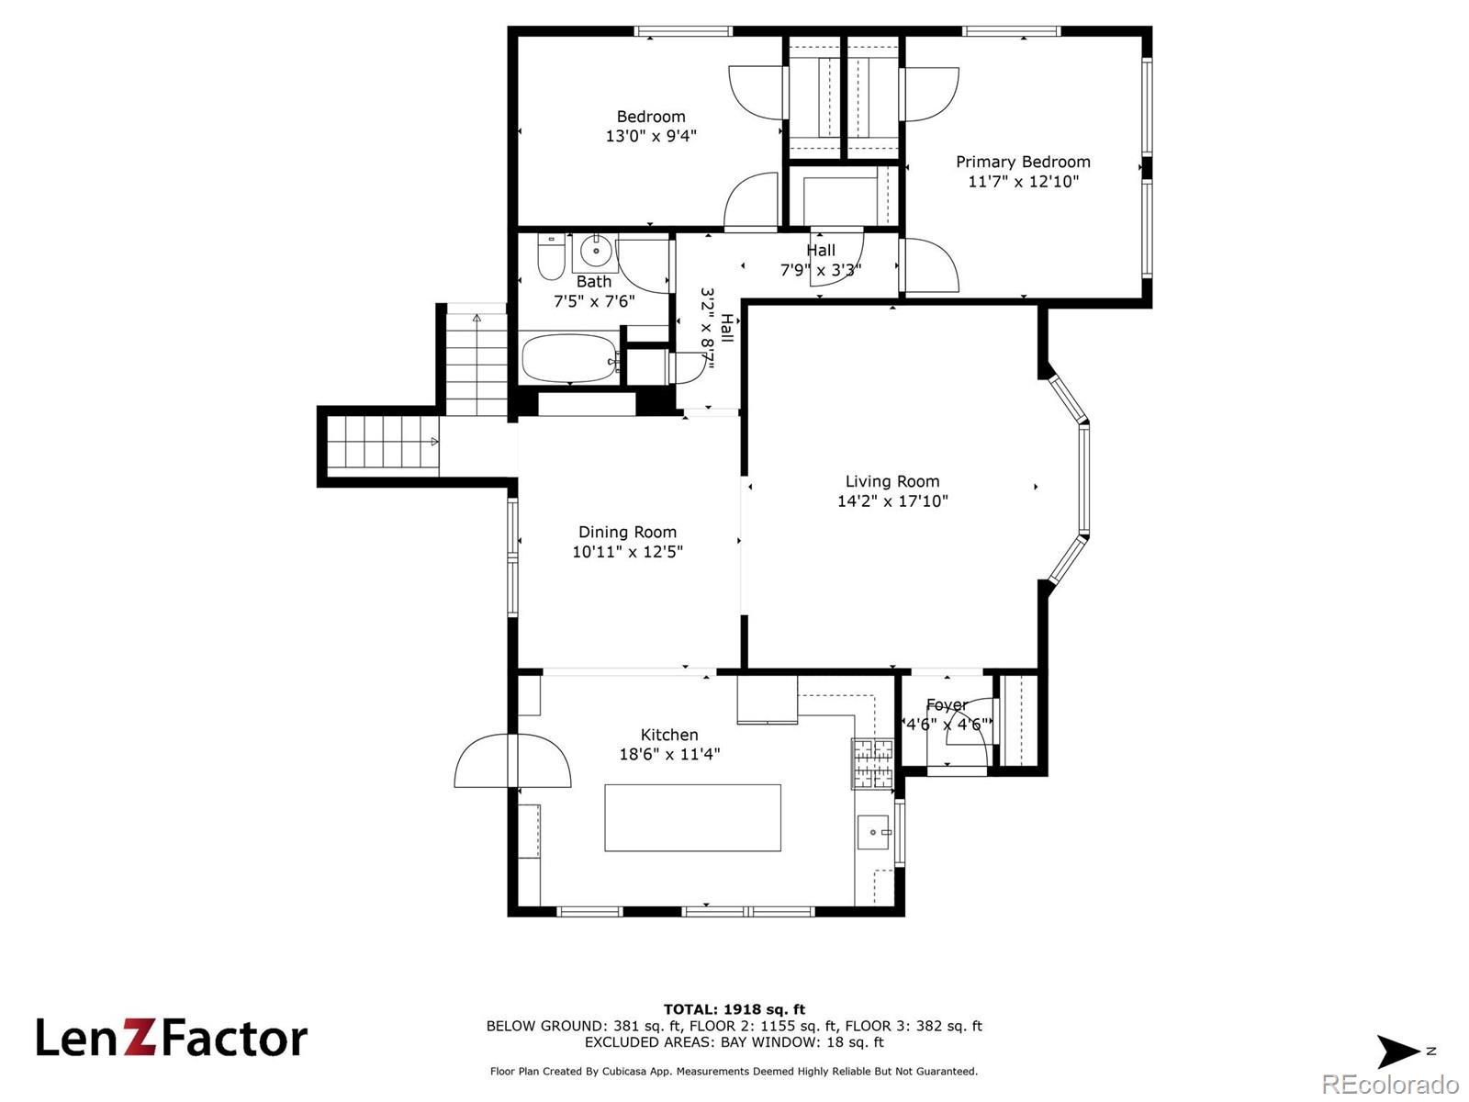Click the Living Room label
coord(892,481)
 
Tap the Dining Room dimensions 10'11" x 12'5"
coord(627,551)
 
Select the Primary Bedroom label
coord(1023,162)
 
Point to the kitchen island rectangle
coord(692,817)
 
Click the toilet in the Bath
coord(552,257)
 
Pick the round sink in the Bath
coord(595,252)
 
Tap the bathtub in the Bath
coord(570,358)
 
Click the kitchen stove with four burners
coord(872,763)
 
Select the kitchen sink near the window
coord(874,832)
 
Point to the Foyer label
coord(947,704)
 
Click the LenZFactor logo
coord(172,1039)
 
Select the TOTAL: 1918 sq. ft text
coord(734,1009)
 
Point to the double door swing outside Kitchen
coord(512,760)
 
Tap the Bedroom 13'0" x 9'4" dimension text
coord(651,136)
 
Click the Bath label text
coord(594,282)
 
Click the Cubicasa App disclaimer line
coord(734,1071)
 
